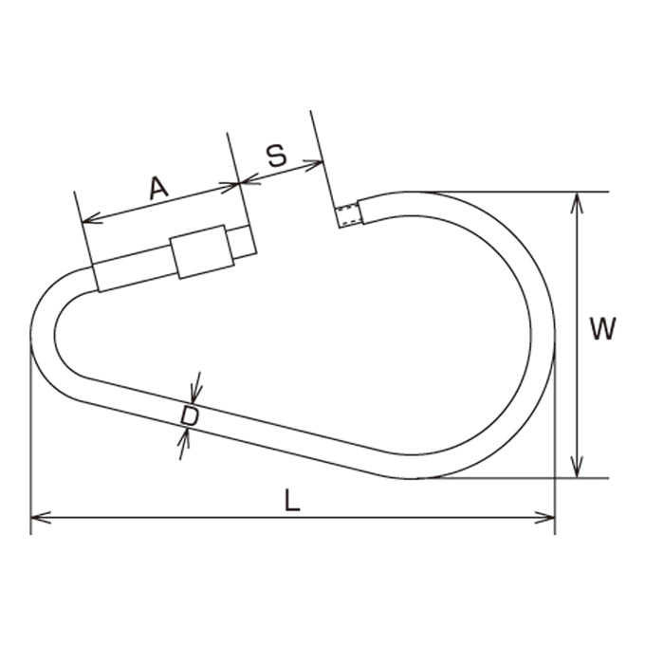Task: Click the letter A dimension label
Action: (x=158, y=188)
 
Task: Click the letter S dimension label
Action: (x=276, y=156)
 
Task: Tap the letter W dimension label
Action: (x=602, y=329)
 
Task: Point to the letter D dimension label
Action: (x=190, y=415)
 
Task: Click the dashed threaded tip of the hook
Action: (x=348, y=215)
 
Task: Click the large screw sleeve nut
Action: (x=202, y=251)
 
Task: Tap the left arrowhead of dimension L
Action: (x=40, y=518)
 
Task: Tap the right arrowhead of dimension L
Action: (x=544, y=518)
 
